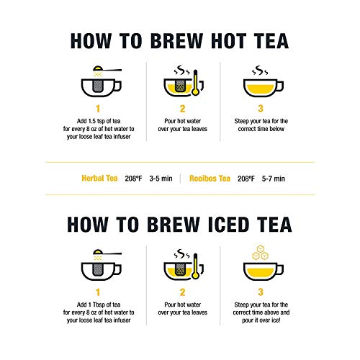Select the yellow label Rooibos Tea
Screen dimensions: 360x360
tap(211, 177)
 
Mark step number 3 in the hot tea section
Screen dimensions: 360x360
tap(259, 107)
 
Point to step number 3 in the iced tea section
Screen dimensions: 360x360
tap(259, 292)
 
